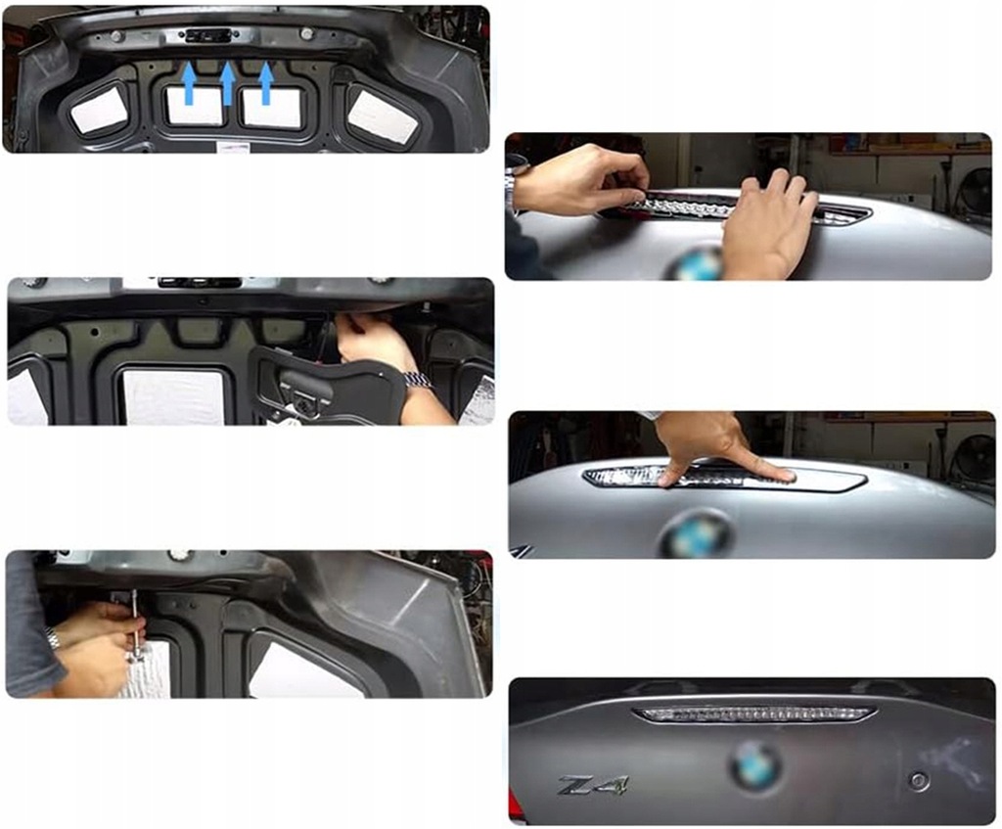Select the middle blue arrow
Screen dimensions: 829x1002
(227, 83)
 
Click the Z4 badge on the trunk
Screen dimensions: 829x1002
(593, 785)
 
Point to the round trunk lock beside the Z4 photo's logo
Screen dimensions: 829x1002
(917, 780)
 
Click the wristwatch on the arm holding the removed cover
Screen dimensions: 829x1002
(419, 380)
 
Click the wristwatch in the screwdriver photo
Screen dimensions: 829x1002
(52, 639)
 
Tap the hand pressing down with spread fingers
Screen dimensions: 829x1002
(719, 448)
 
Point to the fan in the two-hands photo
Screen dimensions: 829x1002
(974, 192)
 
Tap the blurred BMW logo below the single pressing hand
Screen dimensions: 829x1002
(696, 534)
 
